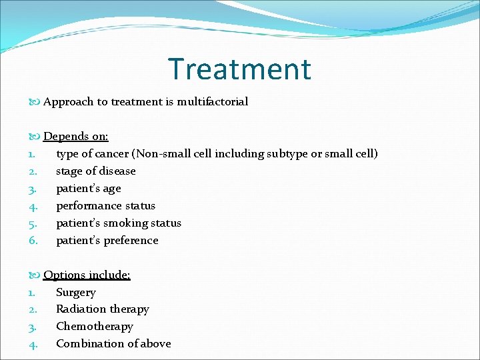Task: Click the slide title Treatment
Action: (239, 69)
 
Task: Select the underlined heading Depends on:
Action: (75, 137)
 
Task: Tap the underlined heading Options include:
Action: (87, 275)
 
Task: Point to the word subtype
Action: (287, 154)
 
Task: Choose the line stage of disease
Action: (95, 171)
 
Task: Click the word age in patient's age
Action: (111, 189)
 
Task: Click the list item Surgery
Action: (76, 293)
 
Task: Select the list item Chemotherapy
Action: (95, 327)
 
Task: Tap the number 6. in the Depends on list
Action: (33, 241)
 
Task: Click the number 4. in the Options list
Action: (33, 344)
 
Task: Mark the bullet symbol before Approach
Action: (35, 102)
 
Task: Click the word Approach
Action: (68, 102)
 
